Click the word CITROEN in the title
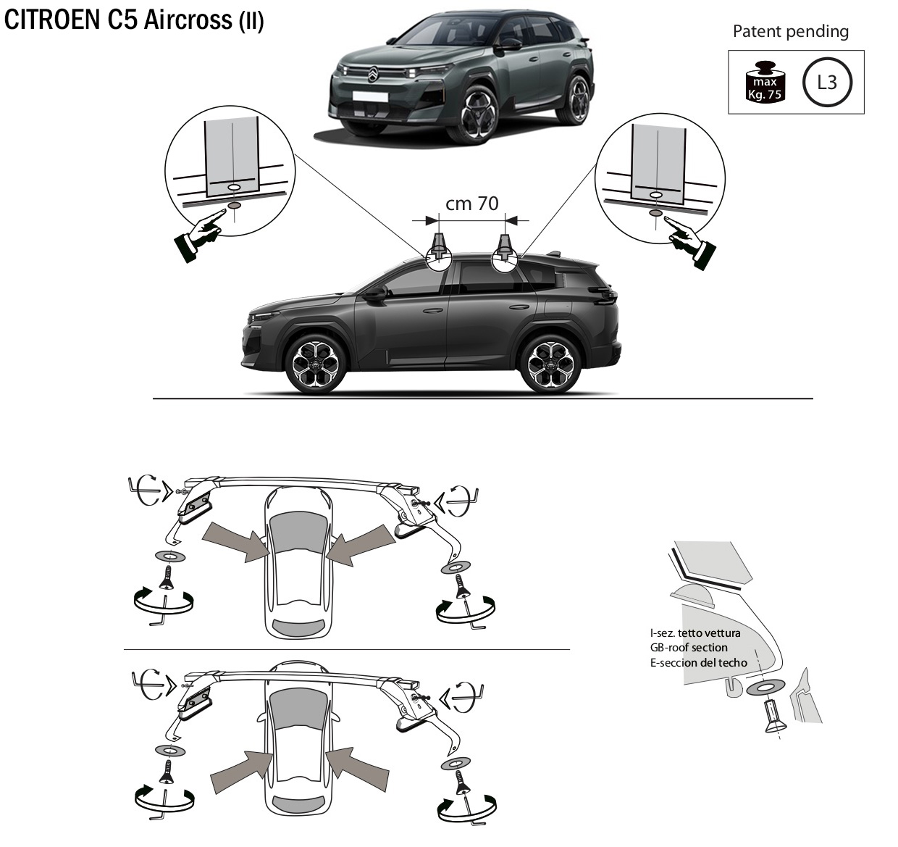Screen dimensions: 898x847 [51, 20]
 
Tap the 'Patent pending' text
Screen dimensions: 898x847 [790, 32]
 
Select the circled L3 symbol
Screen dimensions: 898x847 [827, 83]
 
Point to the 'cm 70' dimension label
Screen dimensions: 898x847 [471, 204]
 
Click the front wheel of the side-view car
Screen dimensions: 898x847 [315, 363]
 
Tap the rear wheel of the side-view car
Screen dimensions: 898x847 [550, 363]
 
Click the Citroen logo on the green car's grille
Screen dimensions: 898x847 [373, 73]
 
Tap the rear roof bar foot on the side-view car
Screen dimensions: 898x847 [504, 248]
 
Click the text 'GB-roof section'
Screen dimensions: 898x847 [689, 648]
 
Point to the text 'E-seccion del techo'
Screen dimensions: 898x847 [699, 663]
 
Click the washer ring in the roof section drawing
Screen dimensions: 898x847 [765, 689]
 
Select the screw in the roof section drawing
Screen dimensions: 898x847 [773, 717]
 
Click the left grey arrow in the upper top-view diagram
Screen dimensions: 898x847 [236, 541]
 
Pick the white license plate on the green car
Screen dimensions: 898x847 [370, 96]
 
